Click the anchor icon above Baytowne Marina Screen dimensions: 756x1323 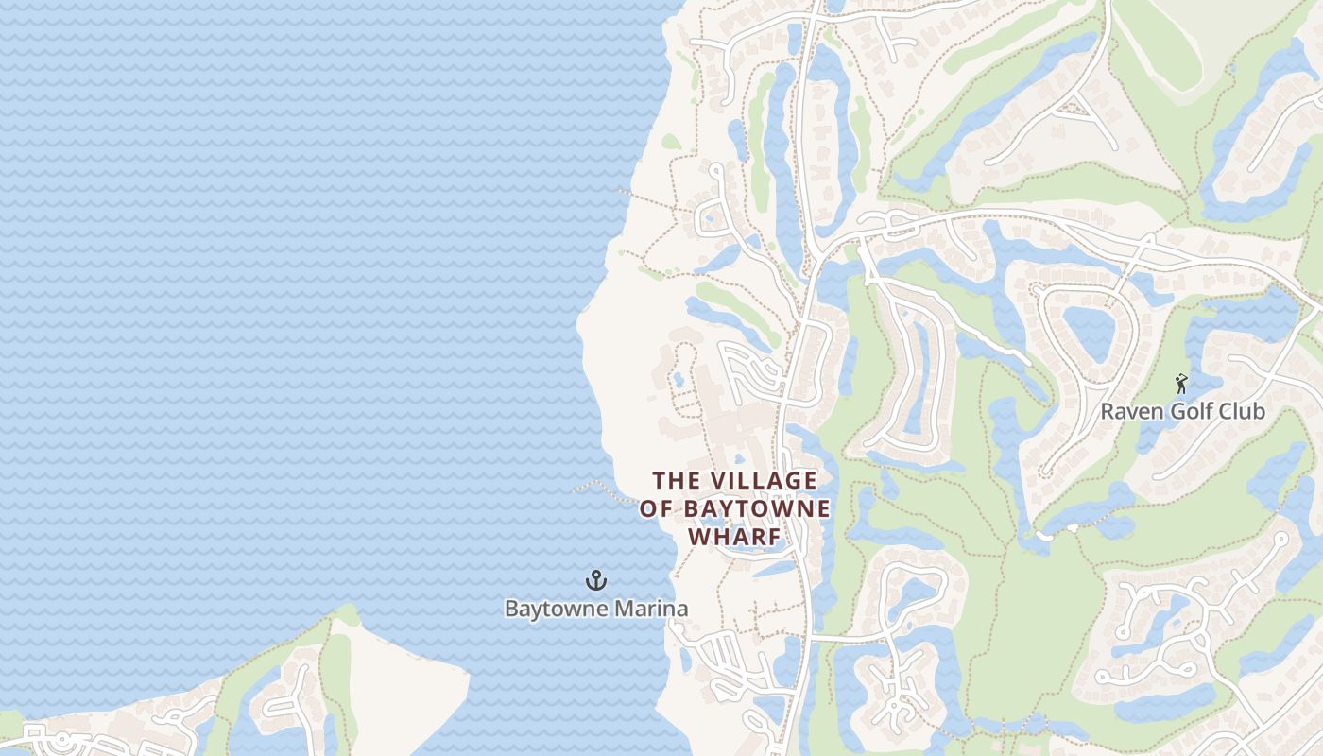click(596, 579)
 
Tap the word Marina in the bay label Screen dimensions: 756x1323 click(652, 608)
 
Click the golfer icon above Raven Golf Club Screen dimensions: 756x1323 click(1180, 383)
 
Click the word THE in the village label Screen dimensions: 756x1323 click(679, 480)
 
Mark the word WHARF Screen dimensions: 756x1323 click(734, 537)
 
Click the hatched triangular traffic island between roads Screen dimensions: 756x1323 click(1074, 107)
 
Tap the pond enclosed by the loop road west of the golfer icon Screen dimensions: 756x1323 click(1090, 330)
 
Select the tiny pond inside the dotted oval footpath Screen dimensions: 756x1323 click(679, 379)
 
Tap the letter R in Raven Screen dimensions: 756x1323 click(1107, 412)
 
